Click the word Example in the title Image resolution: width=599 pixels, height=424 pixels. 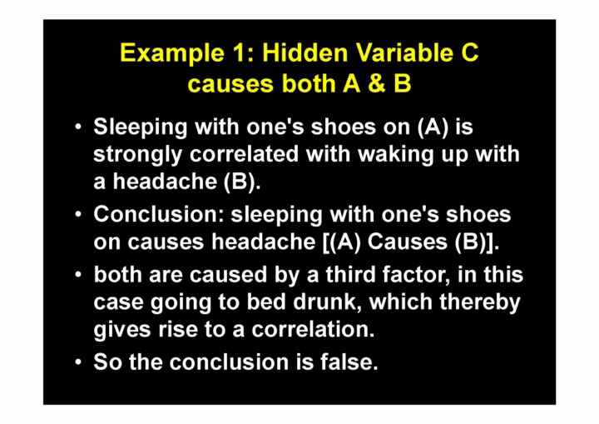[x=172, y=53]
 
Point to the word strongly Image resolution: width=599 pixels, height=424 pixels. [x=137, y=156]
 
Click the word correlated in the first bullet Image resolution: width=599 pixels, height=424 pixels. [x=244, y=154]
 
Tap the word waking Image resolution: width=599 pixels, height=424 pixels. [x=395, y=156]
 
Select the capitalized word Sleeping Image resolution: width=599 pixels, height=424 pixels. [x=141, y=127]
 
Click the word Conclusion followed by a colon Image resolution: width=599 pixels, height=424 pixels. [x=159, y=214]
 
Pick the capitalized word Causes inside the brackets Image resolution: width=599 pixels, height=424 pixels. [x=407, y=242]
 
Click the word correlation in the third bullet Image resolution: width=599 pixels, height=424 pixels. [x=313, y=330]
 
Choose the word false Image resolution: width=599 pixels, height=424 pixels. [x=349, y=362]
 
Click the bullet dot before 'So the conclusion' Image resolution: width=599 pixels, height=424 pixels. [x=78, y=362]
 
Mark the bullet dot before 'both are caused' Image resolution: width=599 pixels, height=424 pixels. [x=78, y=274]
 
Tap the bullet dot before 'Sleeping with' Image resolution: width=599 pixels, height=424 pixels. [x=78, y=127]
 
